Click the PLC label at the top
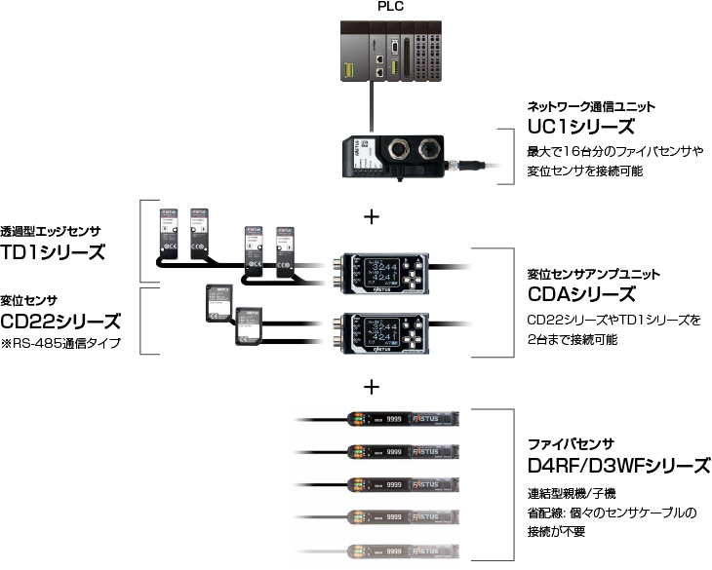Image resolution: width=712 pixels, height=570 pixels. click(389, 7)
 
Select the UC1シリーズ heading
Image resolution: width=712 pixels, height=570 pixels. click(581, 127)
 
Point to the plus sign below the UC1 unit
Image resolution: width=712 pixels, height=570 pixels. click(371, 216)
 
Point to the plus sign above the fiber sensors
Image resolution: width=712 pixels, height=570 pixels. click(371, 387)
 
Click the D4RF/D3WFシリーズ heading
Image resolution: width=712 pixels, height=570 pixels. click(618, 466)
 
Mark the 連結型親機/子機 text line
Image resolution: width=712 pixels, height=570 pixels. click(571, 493)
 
